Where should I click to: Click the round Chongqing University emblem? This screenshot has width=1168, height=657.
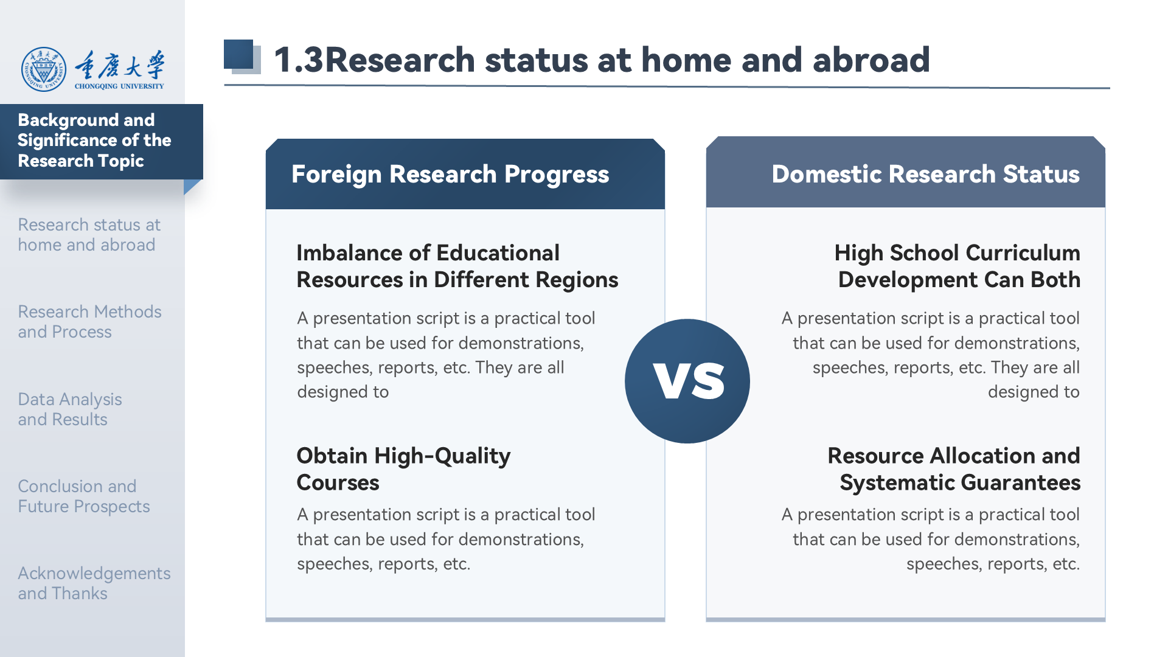(x=44, y=69)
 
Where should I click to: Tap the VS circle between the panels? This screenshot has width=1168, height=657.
(x=687, y=381)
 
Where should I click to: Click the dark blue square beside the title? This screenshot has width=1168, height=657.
(x=238, y=54)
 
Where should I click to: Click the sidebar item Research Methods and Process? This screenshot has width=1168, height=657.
(x=89, y=321)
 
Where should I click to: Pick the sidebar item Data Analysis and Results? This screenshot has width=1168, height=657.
(x=70, y=409)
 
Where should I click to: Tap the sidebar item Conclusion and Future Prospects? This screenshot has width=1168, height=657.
(x=84, y=496)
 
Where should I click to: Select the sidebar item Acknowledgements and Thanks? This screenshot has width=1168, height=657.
(x=94, y=583)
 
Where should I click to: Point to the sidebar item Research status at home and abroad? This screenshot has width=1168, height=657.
(x=89, y=234)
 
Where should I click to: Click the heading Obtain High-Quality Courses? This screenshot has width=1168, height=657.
(x=403, y=468)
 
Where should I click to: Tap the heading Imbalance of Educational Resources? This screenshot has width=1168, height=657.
(x=457, y=266)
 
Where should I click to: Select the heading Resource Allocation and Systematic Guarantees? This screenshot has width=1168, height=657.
(x=954, y=468)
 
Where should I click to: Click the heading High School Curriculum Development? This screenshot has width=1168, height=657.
(x=958, y=266)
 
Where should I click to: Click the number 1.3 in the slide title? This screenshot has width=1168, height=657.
(x=299, y=60)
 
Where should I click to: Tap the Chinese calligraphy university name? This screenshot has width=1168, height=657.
(x=119, y=65)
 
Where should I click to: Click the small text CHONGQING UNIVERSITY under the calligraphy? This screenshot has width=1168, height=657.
(x=119, y=86)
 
